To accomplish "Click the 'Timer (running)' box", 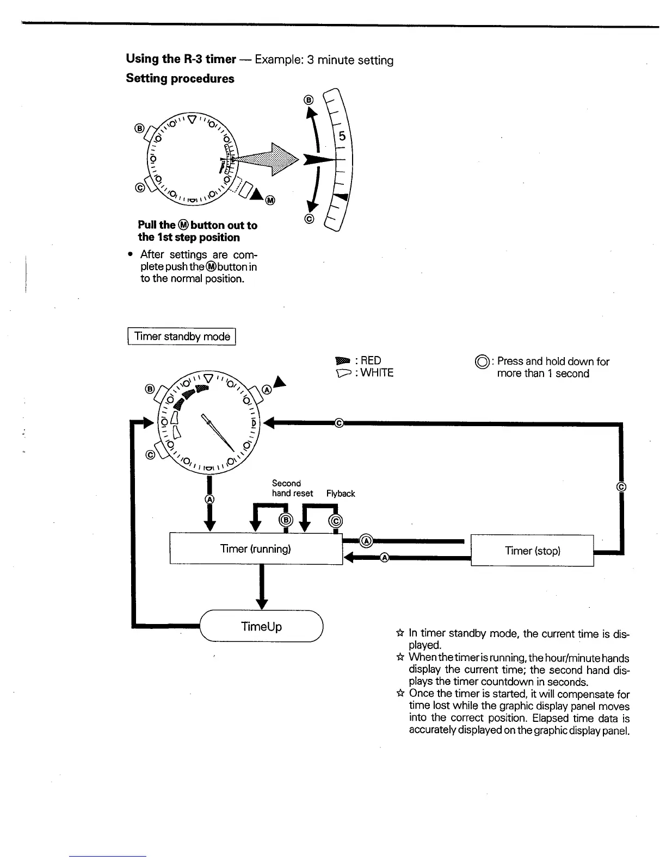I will (256, 549).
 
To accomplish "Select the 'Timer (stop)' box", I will (532, 551).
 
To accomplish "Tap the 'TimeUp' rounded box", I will (262, 627).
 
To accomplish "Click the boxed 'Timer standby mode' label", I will (182, 336).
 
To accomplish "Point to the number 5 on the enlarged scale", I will (342, 136).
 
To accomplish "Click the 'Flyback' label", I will (341, 494).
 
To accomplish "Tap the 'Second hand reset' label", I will (292, 488).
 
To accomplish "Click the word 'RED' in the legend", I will (371, 360).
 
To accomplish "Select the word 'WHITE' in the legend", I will (377, 373).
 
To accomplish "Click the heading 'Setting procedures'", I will (180, 78).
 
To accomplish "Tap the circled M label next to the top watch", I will (270, 201).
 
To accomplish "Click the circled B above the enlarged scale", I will (309, 100).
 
